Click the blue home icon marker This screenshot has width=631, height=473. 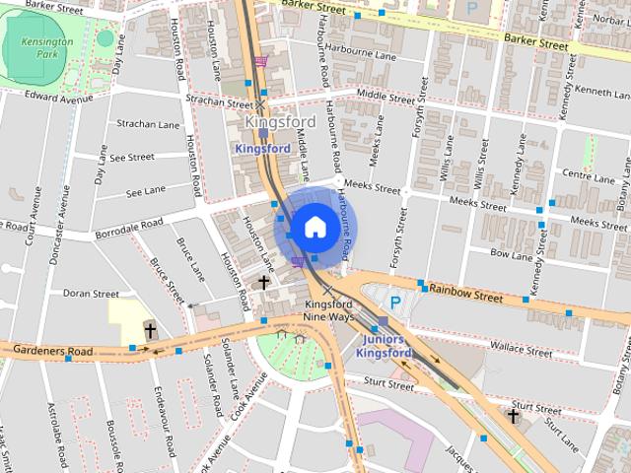pyautogui.click(x=314, y=227)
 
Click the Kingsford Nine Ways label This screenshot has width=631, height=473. pyautogui.click(x=327, y=311)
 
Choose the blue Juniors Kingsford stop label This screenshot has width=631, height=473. pyautogui.click(x=383, y=346)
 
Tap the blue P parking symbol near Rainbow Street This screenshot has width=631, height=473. pyautogui.click(x=396, y=303)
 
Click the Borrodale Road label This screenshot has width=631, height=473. pyautogui.click(x=128, y=230)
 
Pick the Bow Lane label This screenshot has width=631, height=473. pyautogui.click(x=511, y=254)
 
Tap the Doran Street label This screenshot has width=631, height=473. pyautogui.click(x=91, y=294)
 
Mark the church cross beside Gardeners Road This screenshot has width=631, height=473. pyautogui.click(x=150, y=330)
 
